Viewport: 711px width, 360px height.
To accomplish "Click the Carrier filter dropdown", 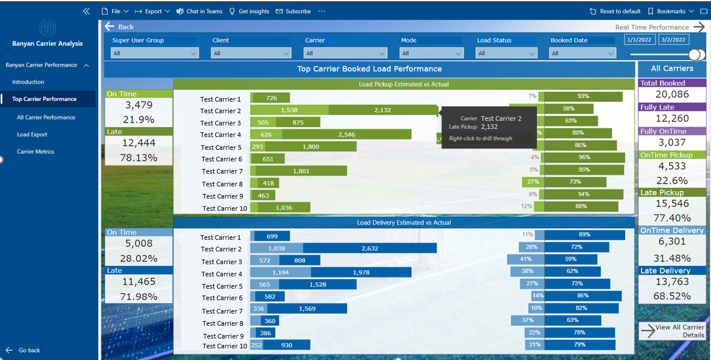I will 345,53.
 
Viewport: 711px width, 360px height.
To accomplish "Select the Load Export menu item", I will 32,135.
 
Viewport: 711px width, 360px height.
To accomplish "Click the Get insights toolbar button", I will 250,11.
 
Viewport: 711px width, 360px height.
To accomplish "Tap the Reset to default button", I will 615,11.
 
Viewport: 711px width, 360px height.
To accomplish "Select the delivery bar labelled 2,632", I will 370,249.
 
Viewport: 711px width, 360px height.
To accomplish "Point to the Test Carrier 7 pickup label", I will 222,171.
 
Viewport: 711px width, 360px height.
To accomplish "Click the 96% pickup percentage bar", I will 584,157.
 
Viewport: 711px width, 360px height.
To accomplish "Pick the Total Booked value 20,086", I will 672,95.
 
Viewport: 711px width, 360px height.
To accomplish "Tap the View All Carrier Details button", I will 673,331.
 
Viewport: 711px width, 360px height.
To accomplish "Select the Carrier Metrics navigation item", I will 35,152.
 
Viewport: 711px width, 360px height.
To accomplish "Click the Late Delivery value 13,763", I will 672,282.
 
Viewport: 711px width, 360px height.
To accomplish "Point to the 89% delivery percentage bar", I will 584,235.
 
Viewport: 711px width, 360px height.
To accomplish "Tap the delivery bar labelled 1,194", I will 280,272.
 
